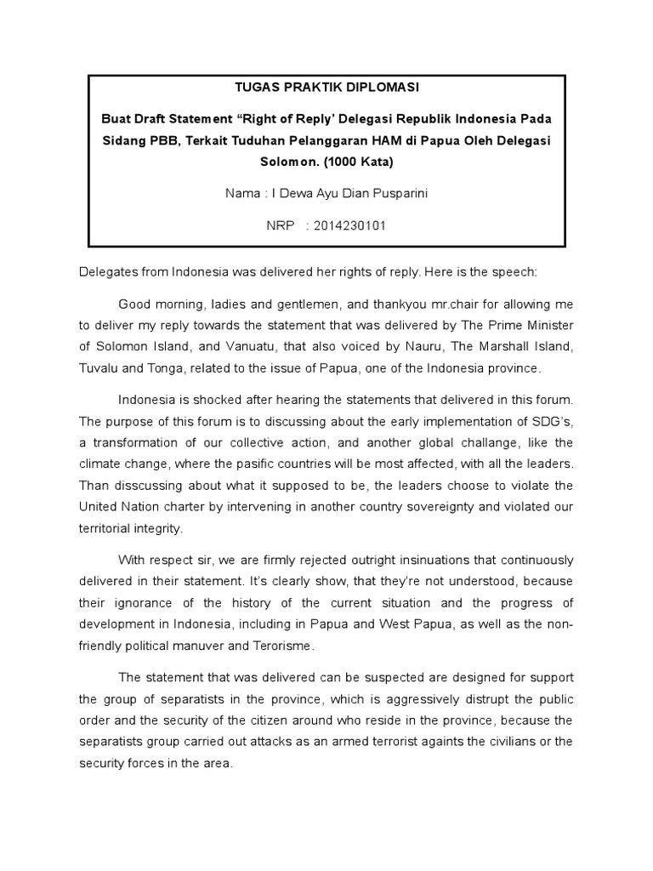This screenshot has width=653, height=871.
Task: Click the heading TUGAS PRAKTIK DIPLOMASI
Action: pyautogui.click(x=326, y=87)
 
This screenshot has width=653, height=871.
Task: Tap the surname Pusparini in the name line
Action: pyautogui.click(x=399, y=193)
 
